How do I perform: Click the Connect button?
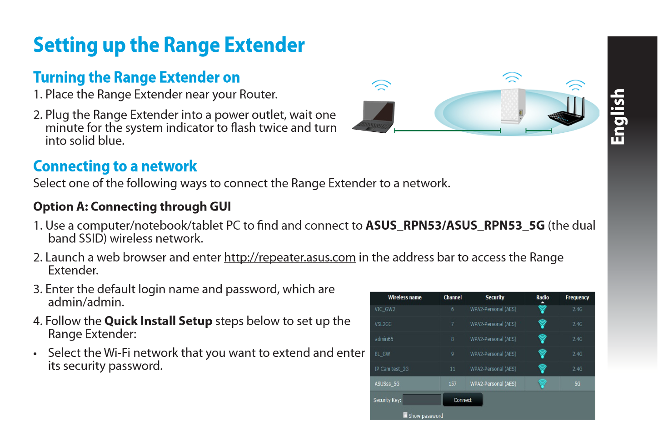(x=463, y=400)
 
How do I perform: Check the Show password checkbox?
(x=405, y=415)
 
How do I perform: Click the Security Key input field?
(x=422, y=400)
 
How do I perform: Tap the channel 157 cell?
(x=452, y=384)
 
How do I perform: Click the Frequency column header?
(x=577, y=297)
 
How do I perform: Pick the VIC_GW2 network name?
(x=385, y=309)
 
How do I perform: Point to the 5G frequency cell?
(x=577, y=384)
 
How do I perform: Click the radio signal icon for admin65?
(x=542, y=339)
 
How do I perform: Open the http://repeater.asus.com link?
(x=290, y=257)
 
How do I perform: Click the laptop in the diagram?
(x=374, y=117)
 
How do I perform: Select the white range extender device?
(x=513, y=106)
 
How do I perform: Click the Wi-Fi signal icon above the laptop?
(x=381, y=85)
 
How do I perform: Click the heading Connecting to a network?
(x=115, y=166)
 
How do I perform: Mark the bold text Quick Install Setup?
(x=158, y=321)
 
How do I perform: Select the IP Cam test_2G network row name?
(x=391, y=369)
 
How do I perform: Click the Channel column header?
(x=452, y=297)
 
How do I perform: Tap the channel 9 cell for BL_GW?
(x=452, y=354)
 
